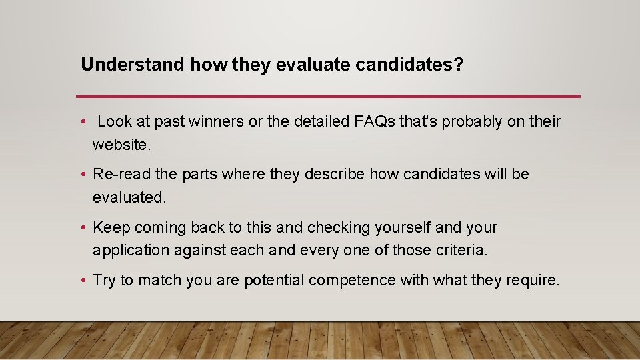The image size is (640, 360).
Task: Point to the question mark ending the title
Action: (459, 65)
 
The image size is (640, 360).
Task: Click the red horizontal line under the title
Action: (328, 97)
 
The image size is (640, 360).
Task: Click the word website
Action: (119, 144)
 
